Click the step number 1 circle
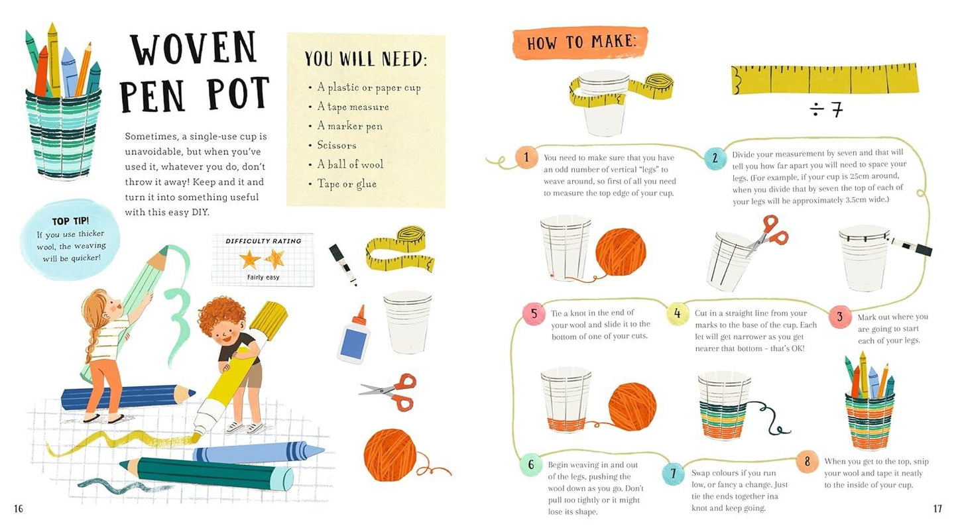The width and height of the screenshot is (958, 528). (526, 158)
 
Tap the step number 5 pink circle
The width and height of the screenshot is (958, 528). (533, 313)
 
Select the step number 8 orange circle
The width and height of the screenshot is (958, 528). (807, 462)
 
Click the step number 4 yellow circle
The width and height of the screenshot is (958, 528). (677, 313)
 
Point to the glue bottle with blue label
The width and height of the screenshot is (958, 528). (352, 335)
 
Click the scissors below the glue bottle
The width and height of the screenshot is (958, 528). (389, 391)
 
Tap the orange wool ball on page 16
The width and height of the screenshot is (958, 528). (390, 455)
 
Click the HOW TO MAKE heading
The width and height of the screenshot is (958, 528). (580, 43)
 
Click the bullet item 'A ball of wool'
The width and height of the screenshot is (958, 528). (349, 164)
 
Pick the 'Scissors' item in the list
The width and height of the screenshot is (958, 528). (336, 145)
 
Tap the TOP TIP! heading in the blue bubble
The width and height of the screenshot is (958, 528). (70, 221)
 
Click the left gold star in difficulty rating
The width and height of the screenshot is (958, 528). (249, 259)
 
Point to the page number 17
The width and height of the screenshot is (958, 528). (937, 509)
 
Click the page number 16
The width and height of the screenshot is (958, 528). (19, 509)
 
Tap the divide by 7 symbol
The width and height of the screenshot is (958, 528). (826, 109)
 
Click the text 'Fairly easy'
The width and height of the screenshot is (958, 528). (263, 277)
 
